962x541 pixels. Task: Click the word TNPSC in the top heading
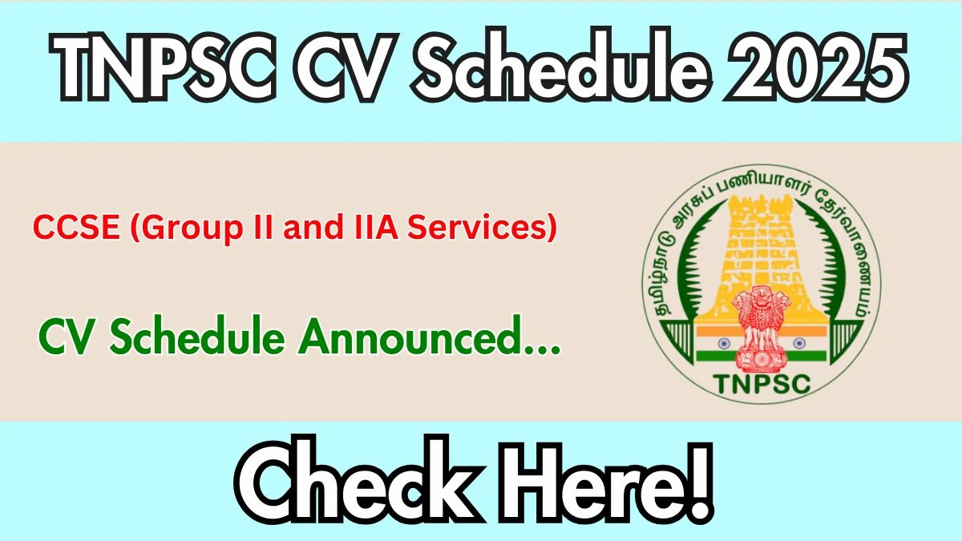tap(164, 65)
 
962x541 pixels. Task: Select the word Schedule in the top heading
tap(560, 65)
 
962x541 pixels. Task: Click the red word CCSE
tap(76, 227)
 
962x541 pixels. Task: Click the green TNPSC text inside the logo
tap(762, 384)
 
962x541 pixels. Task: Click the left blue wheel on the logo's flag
tap(724, 343)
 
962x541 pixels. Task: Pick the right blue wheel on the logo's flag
tap(799, 343)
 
